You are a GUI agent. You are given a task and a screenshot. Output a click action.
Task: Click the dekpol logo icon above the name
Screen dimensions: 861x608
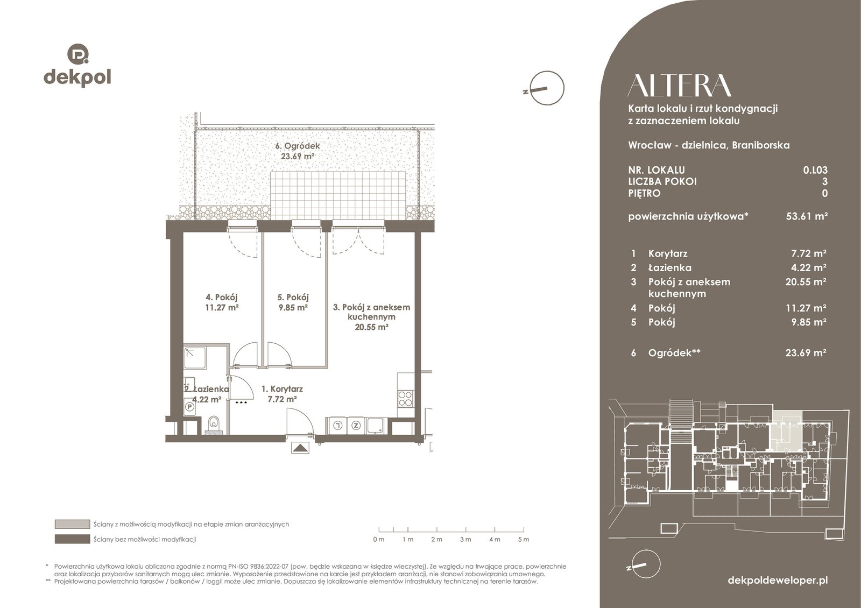tap(78, 53)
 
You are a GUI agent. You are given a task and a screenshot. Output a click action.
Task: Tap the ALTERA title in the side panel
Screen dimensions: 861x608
tap(680, 86)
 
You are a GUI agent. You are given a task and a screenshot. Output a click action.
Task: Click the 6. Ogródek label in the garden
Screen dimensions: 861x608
tap(298, 146)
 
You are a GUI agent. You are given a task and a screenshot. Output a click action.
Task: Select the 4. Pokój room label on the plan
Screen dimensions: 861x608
tap(221, 297)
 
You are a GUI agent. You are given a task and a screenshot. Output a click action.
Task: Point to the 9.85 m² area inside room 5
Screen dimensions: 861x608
tap(293, 307)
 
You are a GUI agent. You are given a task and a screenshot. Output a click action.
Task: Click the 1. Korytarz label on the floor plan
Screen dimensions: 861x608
tap(282, 388)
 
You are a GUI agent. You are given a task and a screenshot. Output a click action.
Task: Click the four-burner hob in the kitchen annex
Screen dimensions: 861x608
tap(405, 399)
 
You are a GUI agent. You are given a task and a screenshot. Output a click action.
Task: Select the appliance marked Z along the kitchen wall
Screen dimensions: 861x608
tap(356, 425)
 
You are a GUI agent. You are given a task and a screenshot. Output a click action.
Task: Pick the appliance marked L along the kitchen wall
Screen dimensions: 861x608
tap(338, 425)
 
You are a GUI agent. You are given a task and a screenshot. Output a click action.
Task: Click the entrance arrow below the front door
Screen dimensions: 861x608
tap(300, 448)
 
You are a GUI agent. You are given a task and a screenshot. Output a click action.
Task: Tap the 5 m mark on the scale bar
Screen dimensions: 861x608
tap(524, 539)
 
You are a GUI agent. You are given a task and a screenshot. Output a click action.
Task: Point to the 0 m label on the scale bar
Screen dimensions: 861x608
tap(379, 539)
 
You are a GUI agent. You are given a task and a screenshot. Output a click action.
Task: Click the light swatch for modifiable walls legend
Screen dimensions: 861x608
tap(72, 524)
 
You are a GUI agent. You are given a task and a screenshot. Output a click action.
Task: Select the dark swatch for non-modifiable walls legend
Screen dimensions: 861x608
tap(72, 539)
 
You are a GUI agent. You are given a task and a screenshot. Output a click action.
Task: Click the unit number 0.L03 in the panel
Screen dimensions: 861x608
tap(815, 170)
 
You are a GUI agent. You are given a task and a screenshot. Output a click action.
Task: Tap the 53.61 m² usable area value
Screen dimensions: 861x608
tap(807, 216)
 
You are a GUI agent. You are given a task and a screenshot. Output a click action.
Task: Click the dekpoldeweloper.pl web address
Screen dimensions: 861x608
tap(778, 581)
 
